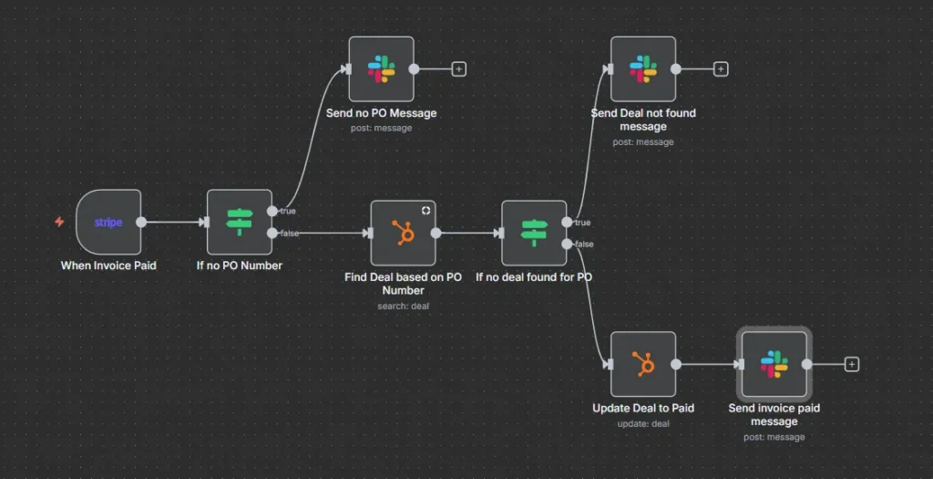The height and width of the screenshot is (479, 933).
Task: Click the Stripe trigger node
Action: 108,223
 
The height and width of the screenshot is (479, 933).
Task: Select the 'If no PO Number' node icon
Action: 240,223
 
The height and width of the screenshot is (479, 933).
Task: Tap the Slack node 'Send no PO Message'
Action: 382,69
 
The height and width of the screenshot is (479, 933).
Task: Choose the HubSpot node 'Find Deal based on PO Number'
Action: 403,234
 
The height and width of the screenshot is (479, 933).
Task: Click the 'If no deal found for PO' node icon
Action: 534,234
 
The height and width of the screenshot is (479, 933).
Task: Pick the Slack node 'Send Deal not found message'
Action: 643,69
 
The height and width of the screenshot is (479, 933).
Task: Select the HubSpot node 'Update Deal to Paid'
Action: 643,364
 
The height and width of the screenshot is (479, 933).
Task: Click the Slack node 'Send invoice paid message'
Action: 774,364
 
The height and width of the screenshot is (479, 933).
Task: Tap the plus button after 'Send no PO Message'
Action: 459,68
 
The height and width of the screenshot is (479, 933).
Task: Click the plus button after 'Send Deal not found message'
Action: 721,68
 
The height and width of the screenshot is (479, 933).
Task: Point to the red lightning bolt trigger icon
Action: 59,222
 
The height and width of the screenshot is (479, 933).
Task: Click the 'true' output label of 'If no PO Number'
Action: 288,211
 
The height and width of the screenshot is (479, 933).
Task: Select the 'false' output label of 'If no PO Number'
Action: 289,234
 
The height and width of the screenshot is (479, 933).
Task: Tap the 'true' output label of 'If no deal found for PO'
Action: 582,222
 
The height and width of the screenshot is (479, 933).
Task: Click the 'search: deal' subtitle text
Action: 403,306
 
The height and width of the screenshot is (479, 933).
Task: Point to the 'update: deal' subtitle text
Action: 643,423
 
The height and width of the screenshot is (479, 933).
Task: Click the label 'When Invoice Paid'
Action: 108,266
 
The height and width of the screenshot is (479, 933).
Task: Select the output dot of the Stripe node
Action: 141,222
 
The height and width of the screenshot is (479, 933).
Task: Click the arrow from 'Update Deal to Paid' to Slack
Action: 709,364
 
